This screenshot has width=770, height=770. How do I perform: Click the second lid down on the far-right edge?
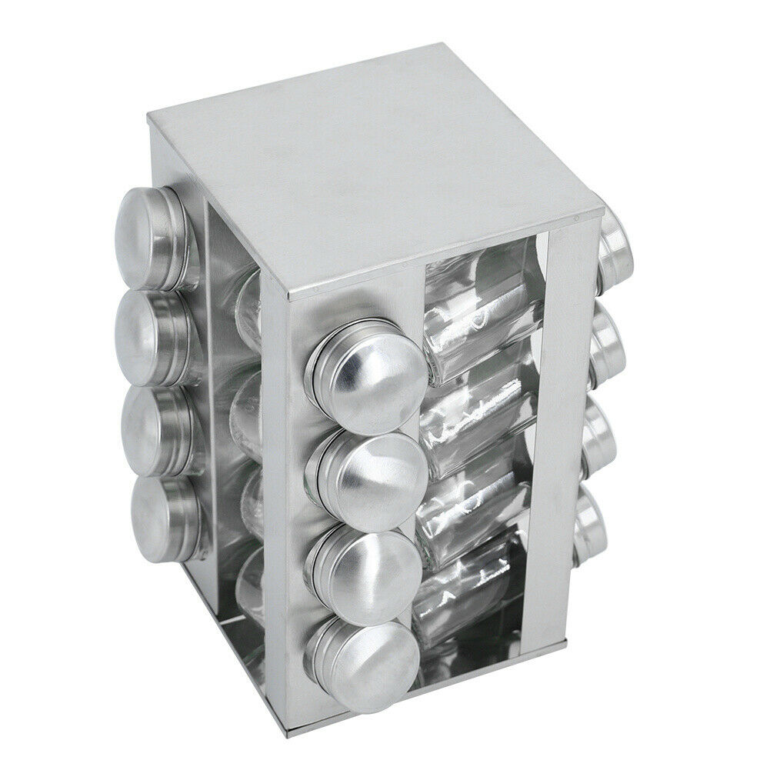click(611, 342)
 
